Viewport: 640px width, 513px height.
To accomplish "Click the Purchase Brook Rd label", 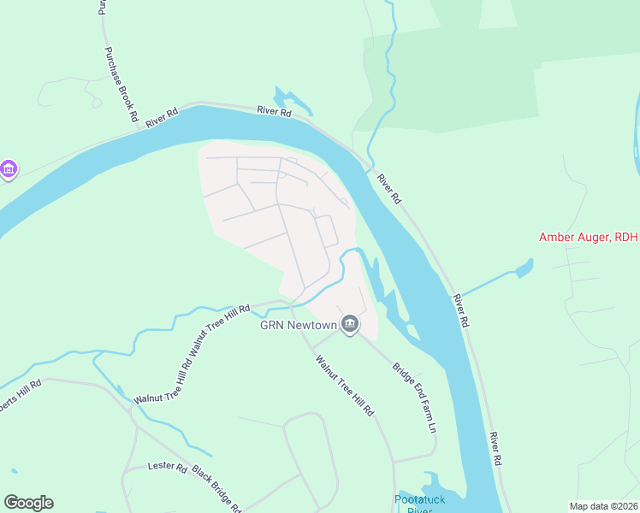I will coord(121,84).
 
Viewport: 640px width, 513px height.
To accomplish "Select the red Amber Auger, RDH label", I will coord(589,238).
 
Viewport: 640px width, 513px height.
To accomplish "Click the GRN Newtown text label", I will coord(298,324).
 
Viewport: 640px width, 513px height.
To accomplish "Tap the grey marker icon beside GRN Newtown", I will coord(349,324).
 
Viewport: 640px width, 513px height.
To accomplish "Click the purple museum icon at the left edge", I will coord(9,169).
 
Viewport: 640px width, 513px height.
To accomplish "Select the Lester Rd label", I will coord(168,468).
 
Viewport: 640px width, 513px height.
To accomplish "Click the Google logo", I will coord(28,503).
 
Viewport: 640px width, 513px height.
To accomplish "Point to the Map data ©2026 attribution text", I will coord(602,506).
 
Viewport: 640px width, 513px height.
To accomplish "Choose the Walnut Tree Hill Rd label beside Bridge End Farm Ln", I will coord(345,385).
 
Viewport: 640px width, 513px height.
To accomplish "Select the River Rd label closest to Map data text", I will coord(495,448).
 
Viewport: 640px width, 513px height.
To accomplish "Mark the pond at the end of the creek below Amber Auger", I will coord(521,273).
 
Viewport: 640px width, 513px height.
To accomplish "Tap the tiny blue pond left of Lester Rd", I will coord(15,471).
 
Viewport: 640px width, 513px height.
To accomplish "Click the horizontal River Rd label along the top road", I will coord(274,111).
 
